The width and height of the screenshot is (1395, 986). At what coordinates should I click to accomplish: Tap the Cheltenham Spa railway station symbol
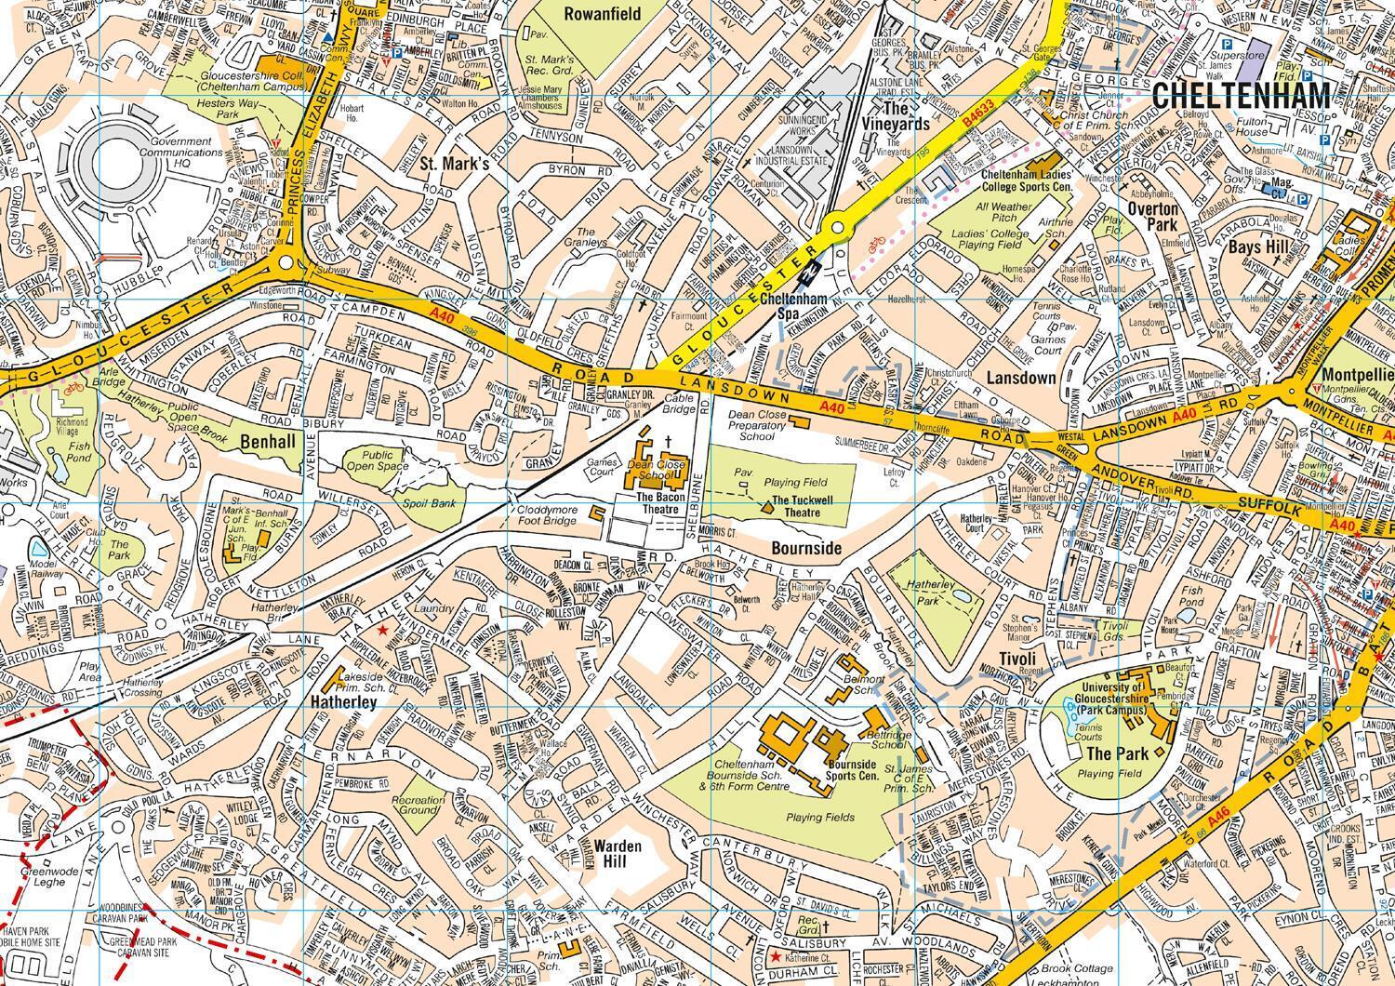pyautogui.click(x=813, y=271)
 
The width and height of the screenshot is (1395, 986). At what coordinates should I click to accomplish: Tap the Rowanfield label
pyautogui.click(x=602, y=14)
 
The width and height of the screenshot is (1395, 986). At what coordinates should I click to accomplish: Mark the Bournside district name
pyautogui.click(x=805, y=549)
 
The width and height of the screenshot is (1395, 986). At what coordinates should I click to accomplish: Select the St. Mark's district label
pyautogui.click(x=454, y=165)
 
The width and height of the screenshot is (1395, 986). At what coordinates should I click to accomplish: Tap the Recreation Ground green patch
pyautogui.click(x=418, y=805)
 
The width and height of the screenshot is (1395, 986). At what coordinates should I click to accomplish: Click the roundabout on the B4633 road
pyautogui.click(x=837, y=226)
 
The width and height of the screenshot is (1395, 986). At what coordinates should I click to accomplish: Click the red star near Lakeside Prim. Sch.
pyautogui.click(x=382, y=632)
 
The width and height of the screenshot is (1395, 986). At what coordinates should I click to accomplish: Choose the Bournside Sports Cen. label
pyautogui.click(x=852, y=769)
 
